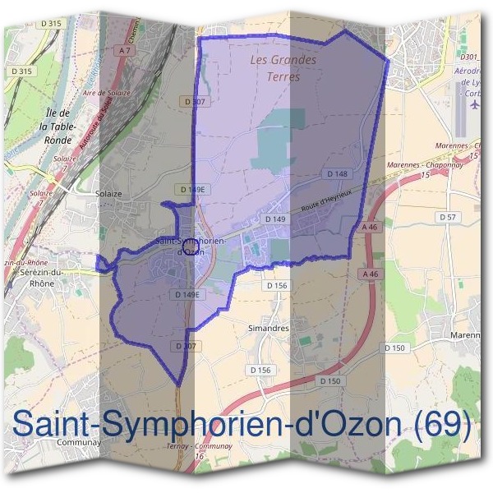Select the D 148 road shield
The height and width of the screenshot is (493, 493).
pos(337,174)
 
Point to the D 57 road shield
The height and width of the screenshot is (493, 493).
pos(448,216)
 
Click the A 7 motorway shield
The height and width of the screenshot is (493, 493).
pos(125,50)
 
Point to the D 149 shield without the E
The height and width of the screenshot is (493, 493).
pos(274,219)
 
